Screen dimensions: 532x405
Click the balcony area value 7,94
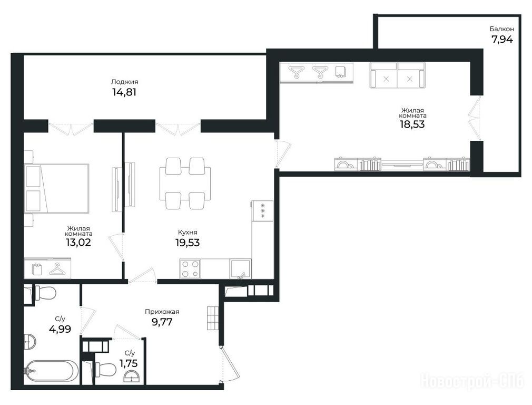502,40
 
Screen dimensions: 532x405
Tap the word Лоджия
124,82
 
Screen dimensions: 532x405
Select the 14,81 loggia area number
124,92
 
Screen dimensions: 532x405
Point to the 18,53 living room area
412,124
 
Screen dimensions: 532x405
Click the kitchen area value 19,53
188,243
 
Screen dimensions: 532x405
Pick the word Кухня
188,233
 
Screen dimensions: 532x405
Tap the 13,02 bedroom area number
78,242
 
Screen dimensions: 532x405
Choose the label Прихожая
162,312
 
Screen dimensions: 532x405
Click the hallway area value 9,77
162,322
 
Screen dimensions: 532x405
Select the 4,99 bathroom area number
60,329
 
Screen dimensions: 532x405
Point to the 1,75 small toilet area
129,363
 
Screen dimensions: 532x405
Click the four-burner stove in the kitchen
190,269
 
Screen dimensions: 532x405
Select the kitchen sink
241,269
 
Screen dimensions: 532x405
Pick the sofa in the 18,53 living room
397,75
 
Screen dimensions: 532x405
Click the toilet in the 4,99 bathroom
45,293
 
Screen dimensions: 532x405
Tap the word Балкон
502,29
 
